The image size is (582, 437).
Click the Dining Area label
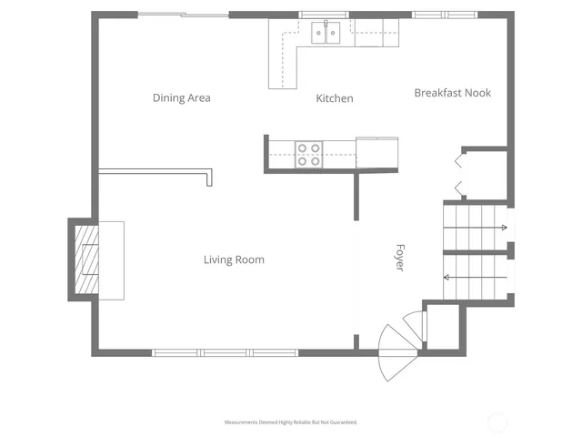point(182,97)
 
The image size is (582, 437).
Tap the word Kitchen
point(335,98)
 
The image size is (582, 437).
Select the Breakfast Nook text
point(453,93)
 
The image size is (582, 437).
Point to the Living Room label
point(234,259)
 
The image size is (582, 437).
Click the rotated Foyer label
point(398,257)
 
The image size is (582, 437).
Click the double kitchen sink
point(326,34)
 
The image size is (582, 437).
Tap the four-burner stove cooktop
point(308,155)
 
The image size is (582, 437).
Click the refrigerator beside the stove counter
point(376,153)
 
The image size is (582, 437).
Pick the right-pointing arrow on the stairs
point(475,228)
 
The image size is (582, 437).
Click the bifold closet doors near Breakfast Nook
point(460,176)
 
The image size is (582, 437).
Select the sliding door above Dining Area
point(183,15)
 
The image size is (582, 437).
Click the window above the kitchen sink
point(326,15)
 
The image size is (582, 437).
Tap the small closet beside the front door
point(444,325)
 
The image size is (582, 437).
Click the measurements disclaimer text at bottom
point(291,422)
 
